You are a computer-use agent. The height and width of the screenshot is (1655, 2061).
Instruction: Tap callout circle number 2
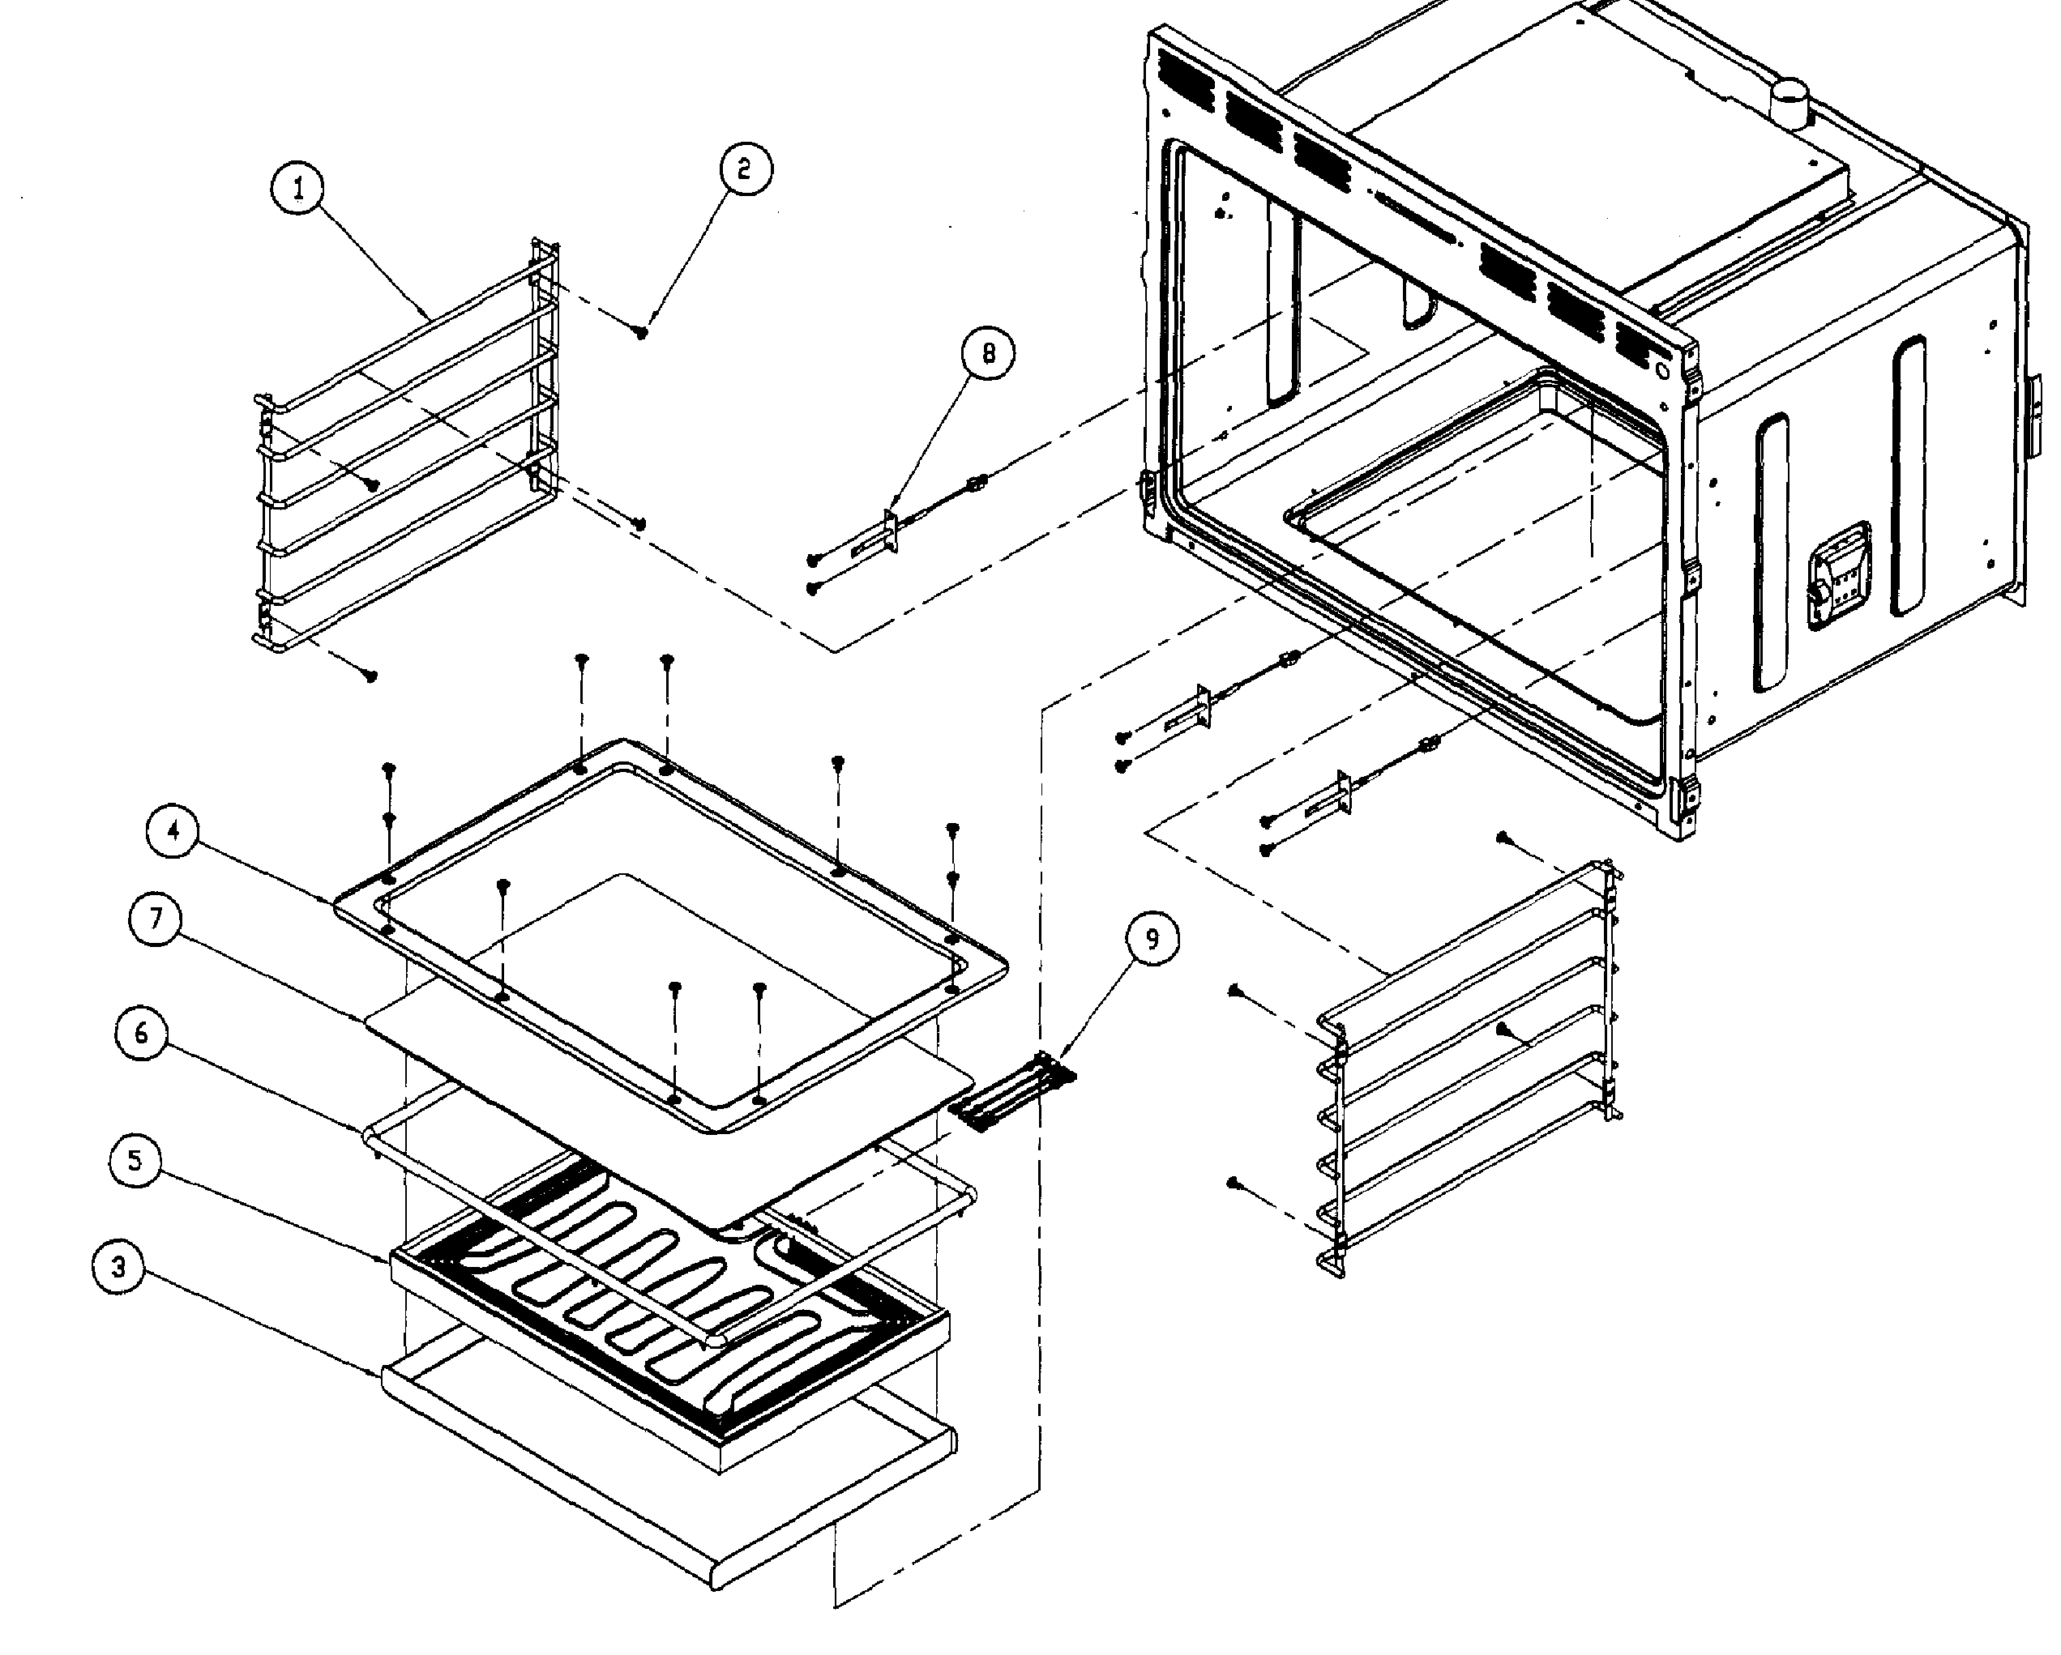(745, 169)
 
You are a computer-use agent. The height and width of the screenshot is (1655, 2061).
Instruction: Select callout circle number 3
(118, 1268)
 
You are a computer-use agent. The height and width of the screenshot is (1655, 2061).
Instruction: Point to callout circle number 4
(173, 830)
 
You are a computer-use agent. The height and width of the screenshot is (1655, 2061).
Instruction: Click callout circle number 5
(135, 1161)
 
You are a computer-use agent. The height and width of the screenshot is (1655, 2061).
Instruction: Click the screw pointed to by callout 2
(643, 331)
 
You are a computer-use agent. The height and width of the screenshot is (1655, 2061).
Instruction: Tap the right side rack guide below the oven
(1472, 1070)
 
